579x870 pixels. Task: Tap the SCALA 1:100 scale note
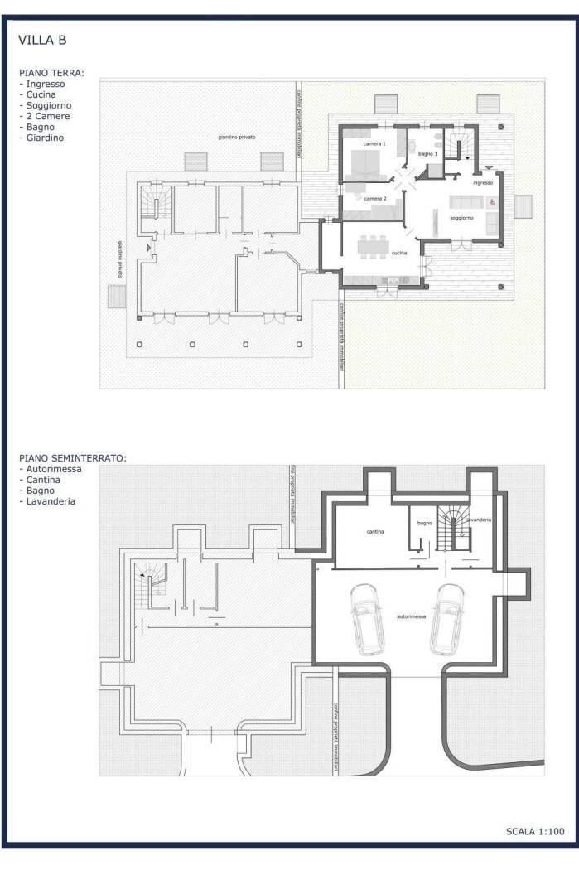click(x=535, y=830)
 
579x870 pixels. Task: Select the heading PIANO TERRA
click(x=51, y=73)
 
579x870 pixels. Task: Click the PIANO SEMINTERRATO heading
click(x=72, y=457)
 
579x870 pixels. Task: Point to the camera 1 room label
click(x=374, y=144)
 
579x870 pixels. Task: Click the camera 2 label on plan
click(x=374, y=199)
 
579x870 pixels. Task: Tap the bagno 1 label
click(x=427, y=154)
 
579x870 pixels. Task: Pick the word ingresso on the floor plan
click(x=483, y=181)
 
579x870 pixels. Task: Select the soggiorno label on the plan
click(x=461, y=218)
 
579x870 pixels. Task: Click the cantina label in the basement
click(x=375, y=531)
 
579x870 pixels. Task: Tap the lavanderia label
click(x=480, y=520)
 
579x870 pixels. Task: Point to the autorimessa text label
click(x=412, y=616)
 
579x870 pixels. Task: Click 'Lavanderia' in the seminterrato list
click(x=51, y=501)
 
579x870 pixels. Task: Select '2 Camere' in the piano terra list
click(x=48, y=116)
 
